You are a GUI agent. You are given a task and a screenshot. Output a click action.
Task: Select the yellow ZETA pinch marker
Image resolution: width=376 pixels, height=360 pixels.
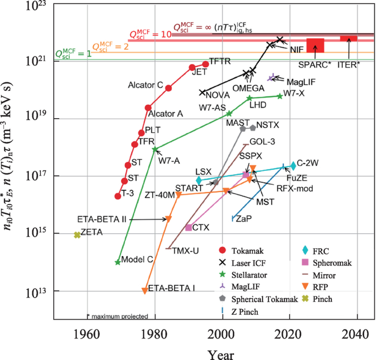pyautogui.click(x=77, y=235)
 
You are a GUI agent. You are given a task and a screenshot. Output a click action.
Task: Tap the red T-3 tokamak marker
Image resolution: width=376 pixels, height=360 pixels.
pyautogui.click(x=118, y=196)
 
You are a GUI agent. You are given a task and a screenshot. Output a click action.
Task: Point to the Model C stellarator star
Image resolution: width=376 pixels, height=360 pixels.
pyautogui.click(x=118, y=262)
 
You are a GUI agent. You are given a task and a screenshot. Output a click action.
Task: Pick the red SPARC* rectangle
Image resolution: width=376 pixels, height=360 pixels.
pyautogui.click(x=315, y=45)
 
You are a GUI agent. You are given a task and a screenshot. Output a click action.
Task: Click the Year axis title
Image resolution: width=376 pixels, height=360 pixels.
pyautogui.click(x=214, y=352)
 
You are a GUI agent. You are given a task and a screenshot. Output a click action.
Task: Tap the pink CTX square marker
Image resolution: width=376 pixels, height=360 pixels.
pyautogui.click(x=189, y=227)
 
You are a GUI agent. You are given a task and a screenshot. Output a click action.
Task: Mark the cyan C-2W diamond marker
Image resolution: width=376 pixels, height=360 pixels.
pyautogui.click(x=293, y=165)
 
